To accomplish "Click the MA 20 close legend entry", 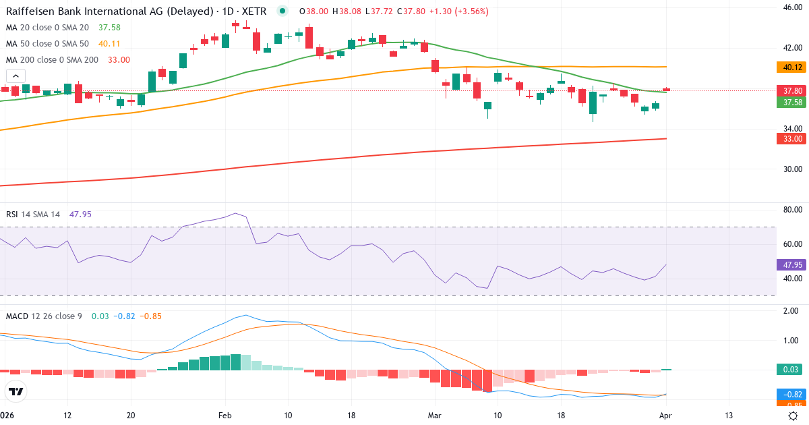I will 47,27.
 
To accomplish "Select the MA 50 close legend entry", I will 47,43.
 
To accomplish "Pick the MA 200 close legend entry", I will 52,59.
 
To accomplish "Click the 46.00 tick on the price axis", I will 792,7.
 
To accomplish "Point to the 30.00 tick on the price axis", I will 792,169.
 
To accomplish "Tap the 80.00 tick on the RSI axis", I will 792,210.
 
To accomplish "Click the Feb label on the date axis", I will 225,415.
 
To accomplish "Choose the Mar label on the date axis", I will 434,415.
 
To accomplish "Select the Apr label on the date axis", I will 665,415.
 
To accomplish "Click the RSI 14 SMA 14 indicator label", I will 33,215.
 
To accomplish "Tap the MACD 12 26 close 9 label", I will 43,316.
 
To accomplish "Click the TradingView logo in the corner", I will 16,391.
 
